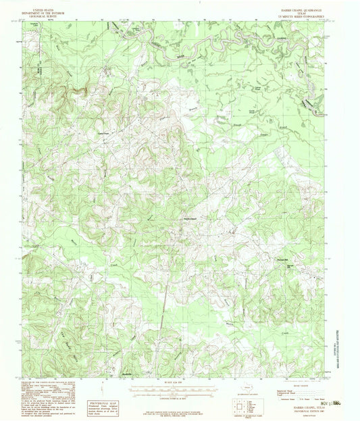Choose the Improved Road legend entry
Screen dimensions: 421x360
pyautogui.click(x=286, y=390)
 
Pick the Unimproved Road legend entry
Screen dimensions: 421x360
pyautogui.click(x=288, y=393)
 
